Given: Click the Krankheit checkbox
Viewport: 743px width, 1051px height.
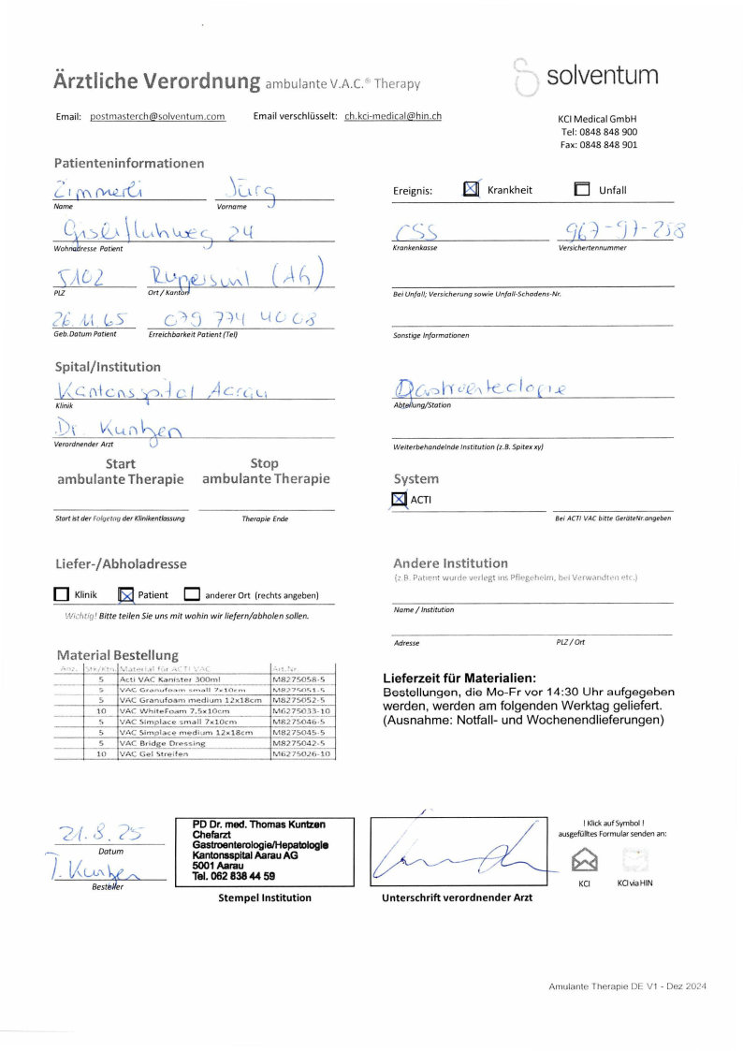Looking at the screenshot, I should point(472,189).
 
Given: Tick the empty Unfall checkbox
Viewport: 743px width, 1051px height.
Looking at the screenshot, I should point(582,190).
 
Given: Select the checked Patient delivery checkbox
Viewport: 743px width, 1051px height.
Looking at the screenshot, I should point(126,594).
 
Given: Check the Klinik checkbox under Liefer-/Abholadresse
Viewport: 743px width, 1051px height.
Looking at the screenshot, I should point(62,594).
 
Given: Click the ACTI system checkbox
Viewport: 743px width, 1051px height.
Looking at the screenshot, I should point(400,500).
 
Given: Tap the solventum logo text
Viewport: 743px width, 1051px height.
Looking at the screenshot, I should point(602,76).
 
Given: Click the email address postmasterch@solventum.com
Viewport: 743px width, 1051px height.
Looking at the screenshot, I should point(157,117).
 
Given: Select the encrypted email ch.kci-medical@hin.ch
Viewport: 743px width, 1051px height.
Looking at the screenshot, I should point(392,117).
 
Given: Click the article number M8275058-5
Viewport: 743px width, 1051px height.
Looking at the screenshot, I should point(298,679).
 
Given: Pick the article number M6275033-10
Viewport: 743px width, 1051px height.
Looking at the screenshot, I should point(300,711).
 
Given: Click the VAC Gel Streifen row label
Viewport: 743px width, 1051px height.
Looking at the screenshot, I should point(154,753).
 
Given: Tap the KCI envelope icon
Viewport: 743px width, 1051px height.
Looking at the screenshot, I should point(585,857).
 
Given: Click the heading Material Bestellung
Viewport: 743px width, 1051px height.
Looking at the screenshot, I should point(117,655).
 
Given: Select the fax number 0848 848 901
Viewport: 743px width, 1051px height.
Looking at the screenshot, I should point(599,145).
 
